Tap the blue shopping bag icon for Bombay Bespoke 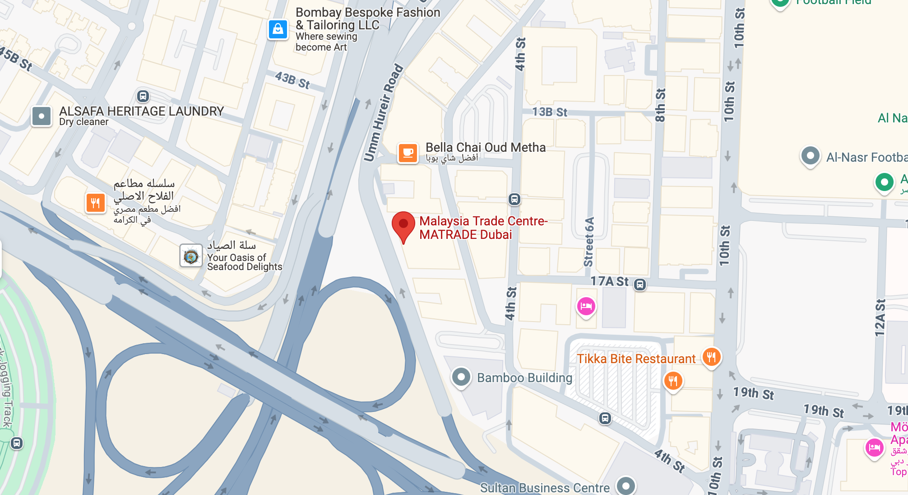[278, 29]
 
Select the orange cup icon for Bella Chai [408, 153]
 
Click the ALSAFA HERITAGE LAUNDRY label [141, 112]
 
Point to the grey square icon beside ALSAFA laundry [42, 116]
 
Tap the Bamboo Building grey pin [461, 377]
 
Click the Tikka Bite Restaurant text [636, 359]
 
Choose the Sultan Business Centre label [545, 488]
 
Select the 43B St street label [292, 80]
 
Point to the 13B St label [549, 112]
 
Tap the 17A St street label [609, 281]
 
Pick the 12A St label [880, 318]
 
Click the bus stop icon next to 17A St [640, 285]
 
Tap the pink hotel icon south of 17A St [586, 307]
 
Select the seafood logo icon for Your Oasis [191, 256]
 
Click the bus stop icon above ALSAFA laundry [143, 96]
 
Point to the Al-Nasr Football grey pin [810, 156]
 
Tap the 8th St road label [660, 105]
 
